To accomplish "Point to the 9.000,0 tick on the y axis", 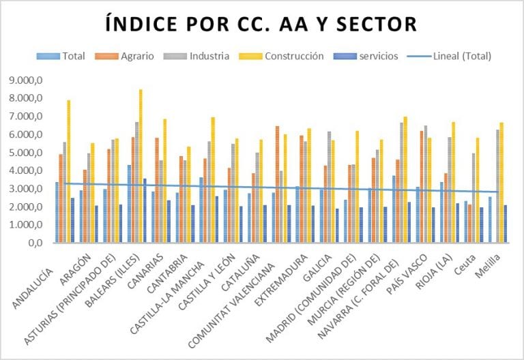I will point(27,80).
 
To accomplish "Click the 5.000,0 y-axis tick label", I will point(27,153).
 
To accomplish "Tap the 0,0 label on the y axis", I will point(35,243).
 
